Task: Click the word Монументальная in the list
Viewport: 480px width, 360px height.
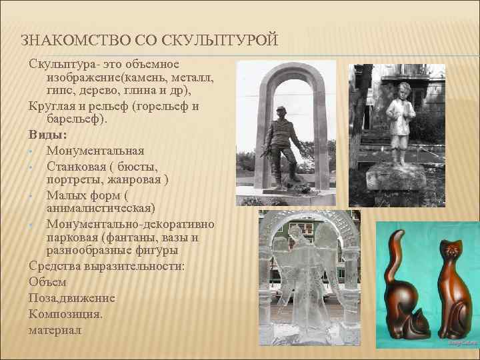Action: click(x=95, y=151)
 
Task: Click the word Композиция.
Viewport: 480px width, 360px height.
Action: click(x=65, y=313)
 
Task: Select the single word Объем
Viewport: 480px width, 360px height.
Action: click(x=47, y=283)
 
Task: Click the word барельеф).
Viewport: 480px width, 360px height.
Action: click(x=77, y=120)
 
